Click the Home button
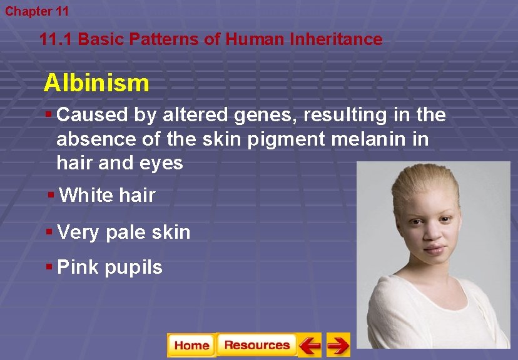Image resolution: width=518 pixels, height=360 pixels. click(191, 345)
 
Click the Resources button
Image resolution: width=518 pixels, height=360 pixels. click(256, 345)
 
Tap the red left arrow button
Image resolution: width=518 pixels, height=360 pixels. click(309, 345)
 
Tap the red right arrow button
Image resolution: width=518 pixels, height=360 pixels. click(338, 345)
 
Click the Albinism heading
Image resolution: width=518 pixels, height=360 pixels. click(96, 82)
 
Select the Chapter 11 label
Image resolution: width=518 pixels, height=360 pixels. click(37, 11)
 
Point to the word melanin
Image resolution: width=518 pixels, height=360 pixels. click(363, 139)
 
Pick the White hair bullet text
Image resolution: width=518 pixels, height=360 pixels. click(107, 195)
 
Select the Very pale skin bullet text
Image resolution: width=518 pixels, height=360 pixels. click(123, 232)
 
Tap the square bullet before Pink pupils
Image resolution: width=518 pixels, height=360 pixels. click(49, 267)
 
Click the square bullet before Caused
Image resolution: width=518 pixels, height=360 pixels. click(49, 114)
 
